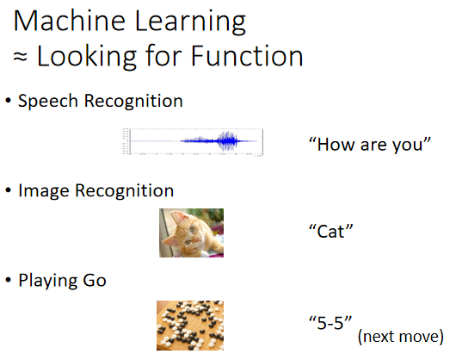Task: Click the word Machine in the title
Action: click(x=70, y=21)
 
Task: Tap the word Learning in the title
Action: click(x=190, y=23)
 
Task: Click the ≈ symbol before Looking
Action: click(x=20, y=57)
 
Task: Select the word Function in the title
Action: click(x=247, y=56)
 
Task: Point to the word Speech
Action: click(x=48, y=102)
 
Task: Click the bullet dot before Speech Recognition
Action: click(x=8, y=101)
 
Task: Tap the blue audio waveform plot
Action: click(x=193, y=142)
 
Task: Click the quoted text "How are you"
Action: click(x=370, y=145)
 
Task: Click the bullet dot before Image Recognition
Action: click(x=8, y=190)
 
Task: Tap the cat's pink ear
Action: click(x=178, y=217)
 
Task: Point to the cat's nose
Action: click(x=196, y=239)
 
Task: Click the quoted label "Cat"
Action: click(x=330, y=232)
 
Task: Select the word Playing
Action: click(x=48, y=281)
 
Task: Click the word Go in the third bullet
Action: click(x=95, y=281)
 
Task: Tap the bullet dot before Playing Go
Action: click(x=8, y=280)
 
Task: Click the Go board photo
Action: click(x=190, y=326)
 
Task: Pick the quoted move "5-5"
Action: click(x=330, y=323)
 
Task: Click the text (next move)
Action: click(x=401, y=337)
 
